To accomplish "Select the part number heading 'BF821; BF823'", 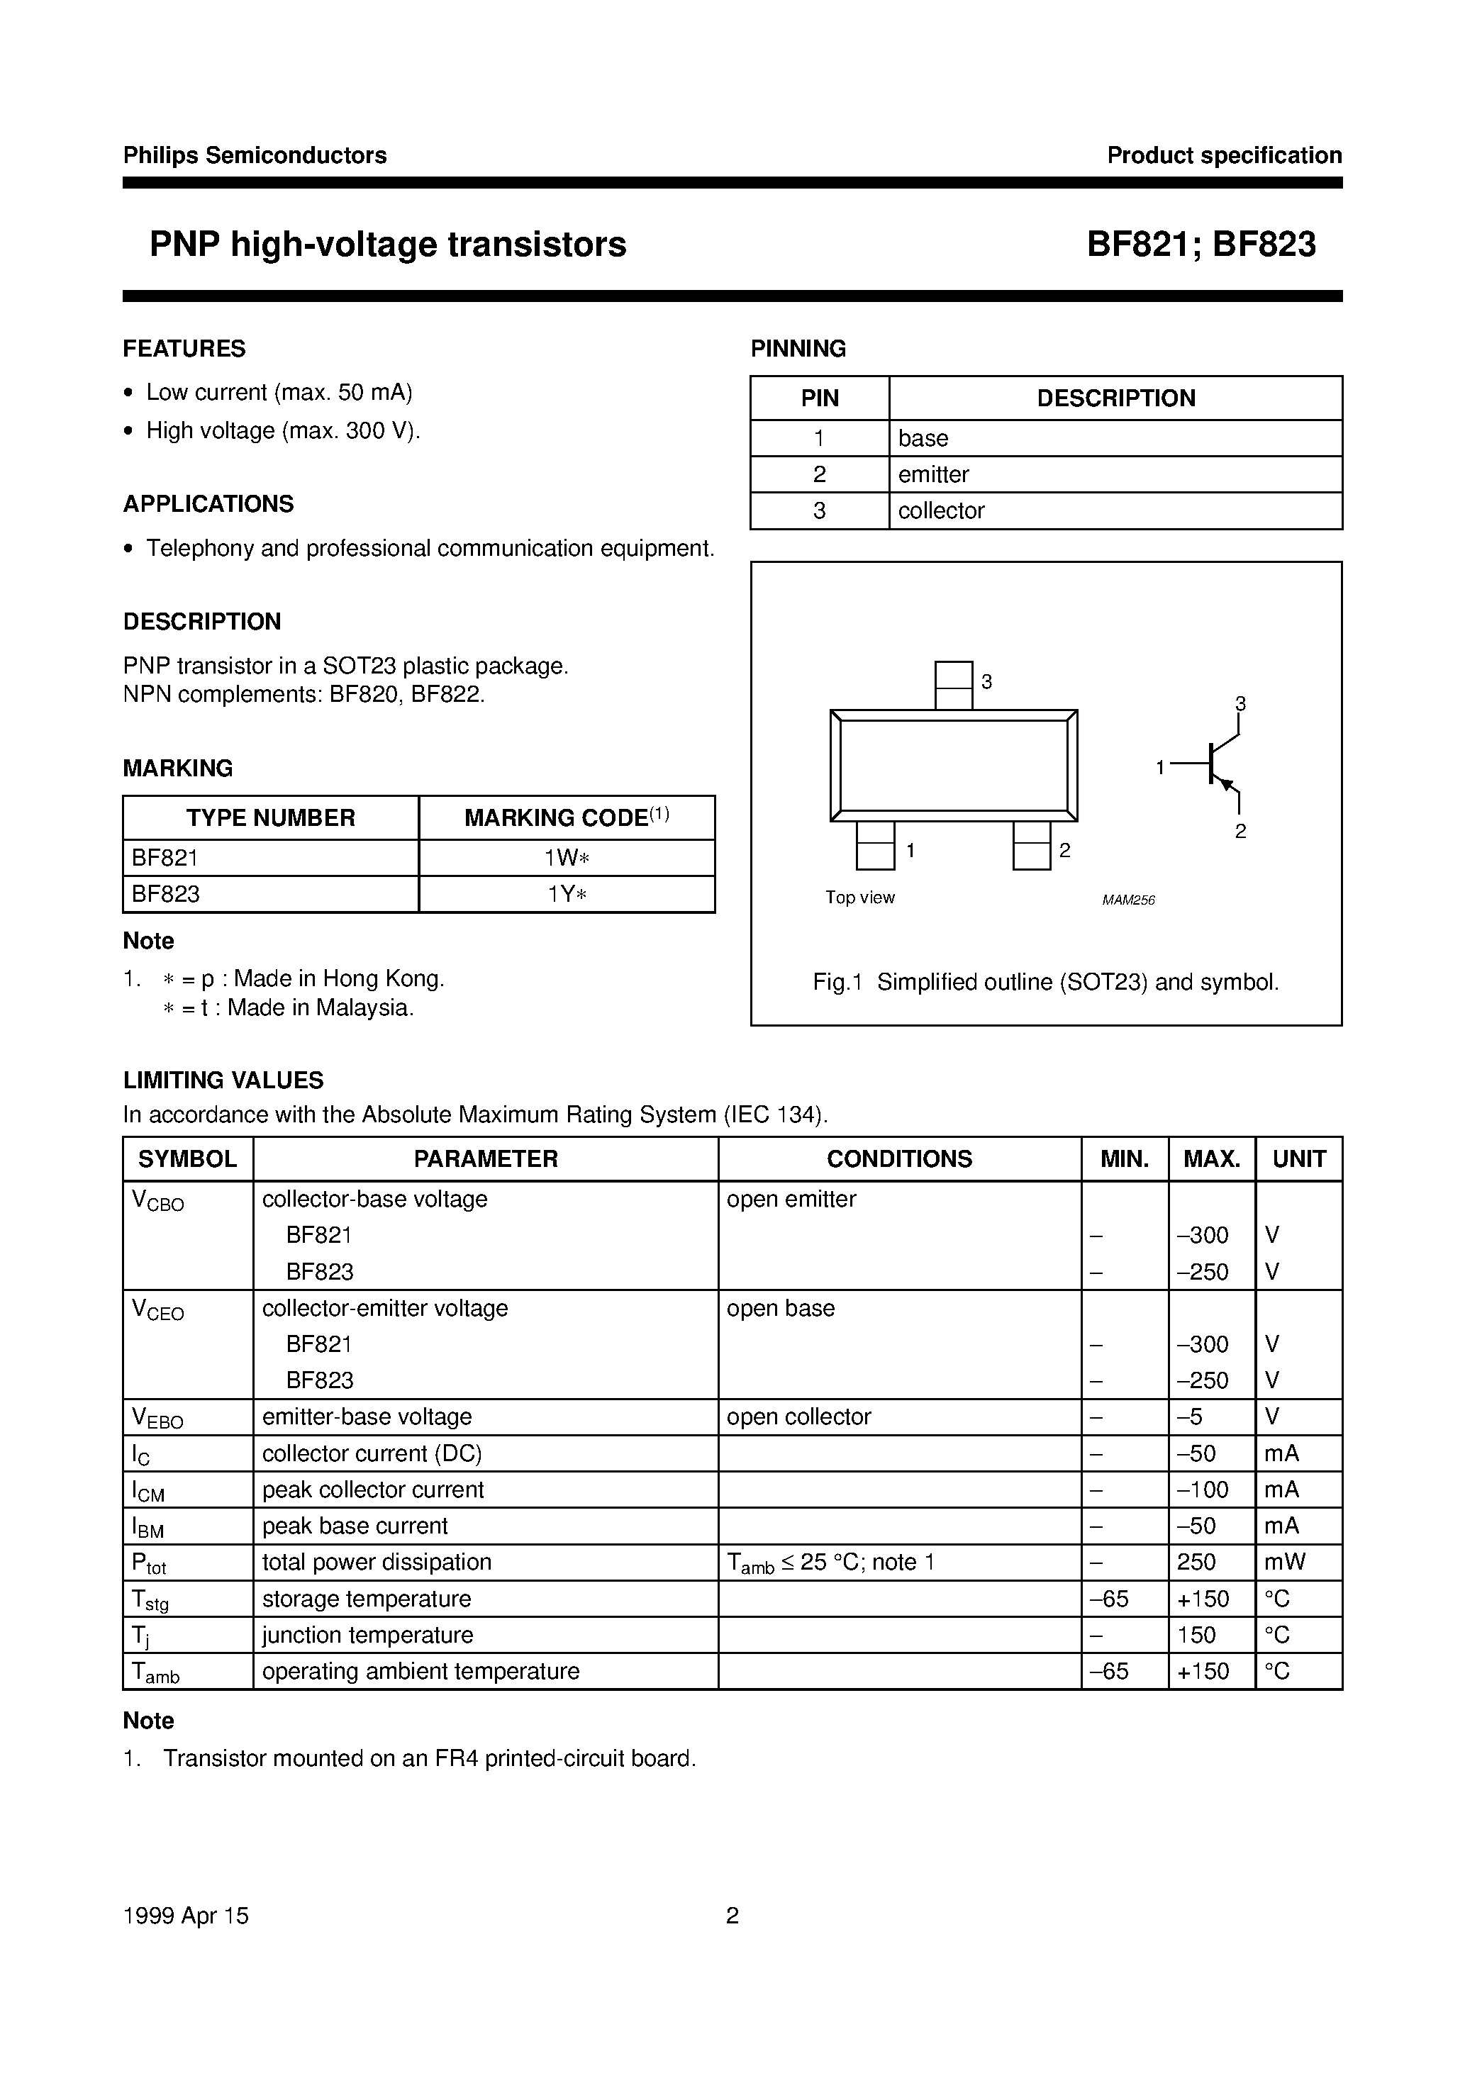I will [x=1201, y=245].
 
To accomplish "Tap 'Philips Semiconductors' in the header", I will [x=255, y=155].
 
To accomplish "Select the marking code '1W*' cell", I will [x=567, y=858].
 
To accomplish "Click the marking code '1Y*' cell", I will [x=567, y=894].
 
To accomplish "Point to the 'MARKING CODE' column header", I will [x=567, y=817].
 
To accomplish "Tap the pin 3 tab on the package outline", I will [x=953, y=686].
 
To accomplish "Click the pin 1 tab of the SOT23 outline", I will [x=874, y=845].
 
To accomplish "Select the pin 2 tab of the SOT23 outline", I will [x=1032, y=845].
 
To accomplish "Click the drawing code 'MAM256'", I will [x=1128, y=900].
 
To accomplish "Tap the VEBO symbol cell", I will [x=158, y=1417].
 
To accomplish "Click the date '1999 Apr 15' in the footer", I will [x=185, y=1916].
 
